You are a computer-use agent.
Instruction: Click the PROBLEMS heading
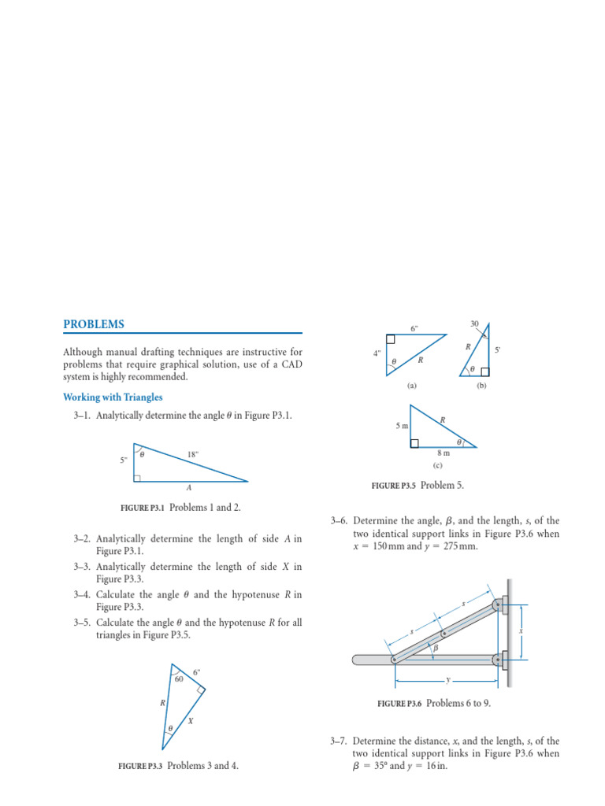pos(94,324)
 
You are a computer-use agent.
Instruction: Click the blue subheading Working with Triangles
pos(113,397)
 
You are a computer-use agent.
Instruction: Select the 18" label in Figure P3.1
pos(193,454)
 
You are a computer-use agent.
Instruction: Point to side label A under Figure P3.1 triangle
pos(189,488)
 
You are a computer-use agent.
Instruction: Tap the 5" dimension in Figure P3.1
pos(124,460)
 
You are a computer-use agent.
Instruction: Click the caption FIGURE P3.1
pos(142,508)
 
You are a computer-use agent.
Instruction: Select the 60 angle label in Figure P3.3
pos(179,678)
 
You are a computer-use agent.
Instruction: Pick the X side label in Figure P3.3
pos(191,721)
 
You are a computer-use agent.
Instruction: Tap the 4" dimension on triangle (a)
pos(377,353)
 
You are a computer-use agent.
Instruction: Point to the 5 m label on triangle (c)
pos(402,426)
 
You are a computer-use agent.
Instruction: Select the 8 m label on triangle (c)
pos(444,453)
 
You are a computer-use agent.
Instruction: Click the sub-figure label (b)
pos(482,386)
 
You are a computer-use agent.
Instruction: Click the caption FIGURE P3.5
pos(394,486)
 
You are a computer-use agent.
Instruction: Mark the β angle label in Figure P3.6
pos(435,647)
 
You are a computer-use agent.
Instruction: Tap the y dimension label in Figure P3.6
pos(447,678)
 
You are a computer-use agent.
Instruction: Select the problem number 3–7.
pos(340,741)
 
